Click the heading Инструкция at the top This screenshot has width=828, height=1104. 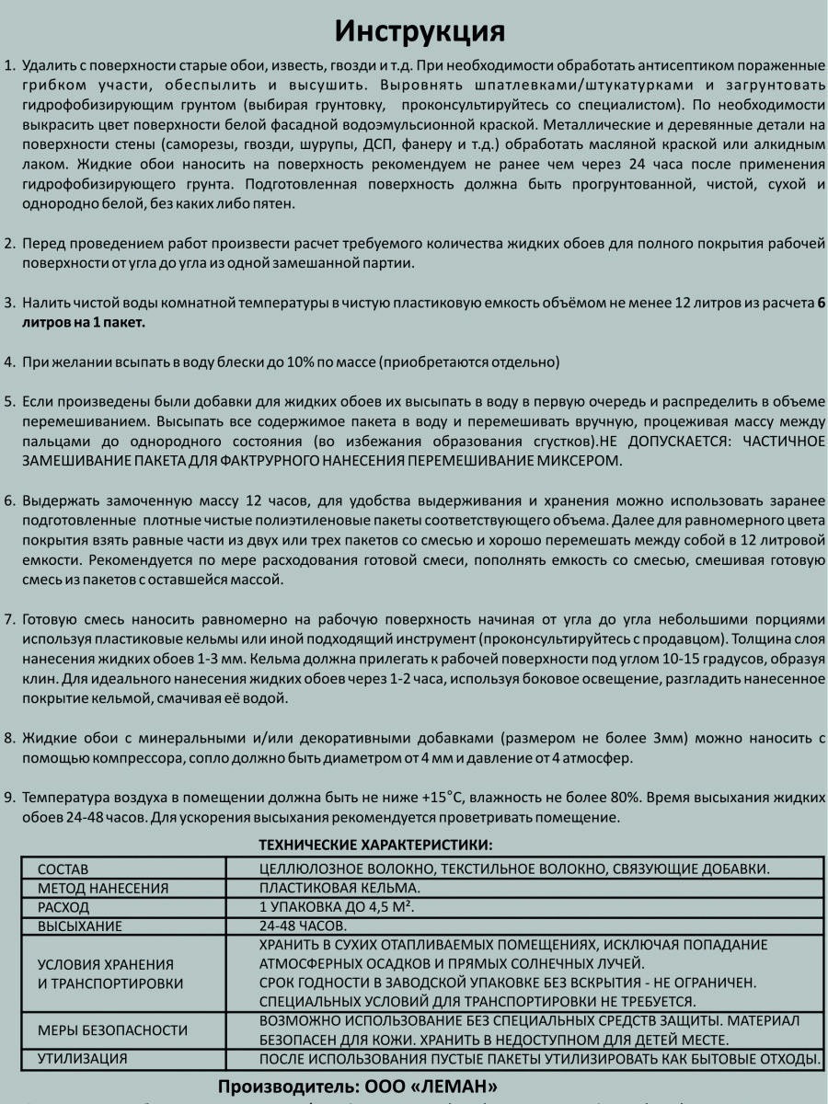coord(420,30)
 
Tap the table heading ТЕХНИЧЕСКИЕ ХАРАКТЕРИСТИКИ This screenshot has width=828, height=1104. coord(375,844)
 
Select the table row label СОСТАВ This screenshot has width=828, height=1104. coord(63,869)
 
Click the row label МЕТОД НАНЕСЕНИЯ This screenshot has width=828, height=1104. coord(103,889)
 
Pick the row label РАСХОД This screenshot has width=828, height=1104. coord(63,908)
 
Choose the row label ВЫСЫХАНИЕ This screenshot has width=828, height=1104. coord(80,926)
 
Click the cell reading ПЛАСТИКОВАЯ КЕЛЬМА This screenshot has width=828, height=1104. coord(339,888)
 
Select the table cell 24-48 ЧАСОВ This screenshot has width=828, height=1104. coord(303,926)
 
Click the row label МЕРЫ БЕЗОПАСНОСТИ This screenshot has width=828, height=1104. coord(112,1030)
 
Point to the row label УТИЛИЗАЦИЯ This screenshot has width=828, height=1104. coord(83,1059)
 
